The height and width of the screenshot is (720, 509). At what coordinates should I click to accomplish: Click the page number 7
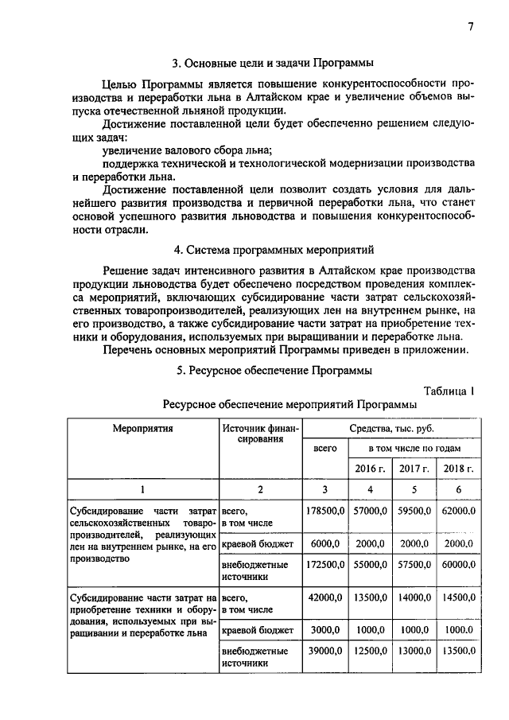[x=471, y=25]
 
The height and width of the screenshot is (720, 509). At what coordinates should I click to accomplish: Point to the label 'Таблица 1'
[x=449, y=390]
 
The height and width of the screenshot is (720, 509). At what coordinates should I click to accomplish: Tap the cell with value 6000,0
[x=324, y=543]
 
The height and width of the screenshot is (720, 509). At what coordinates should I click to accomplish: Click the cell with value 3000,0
[x=324, y=630]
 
